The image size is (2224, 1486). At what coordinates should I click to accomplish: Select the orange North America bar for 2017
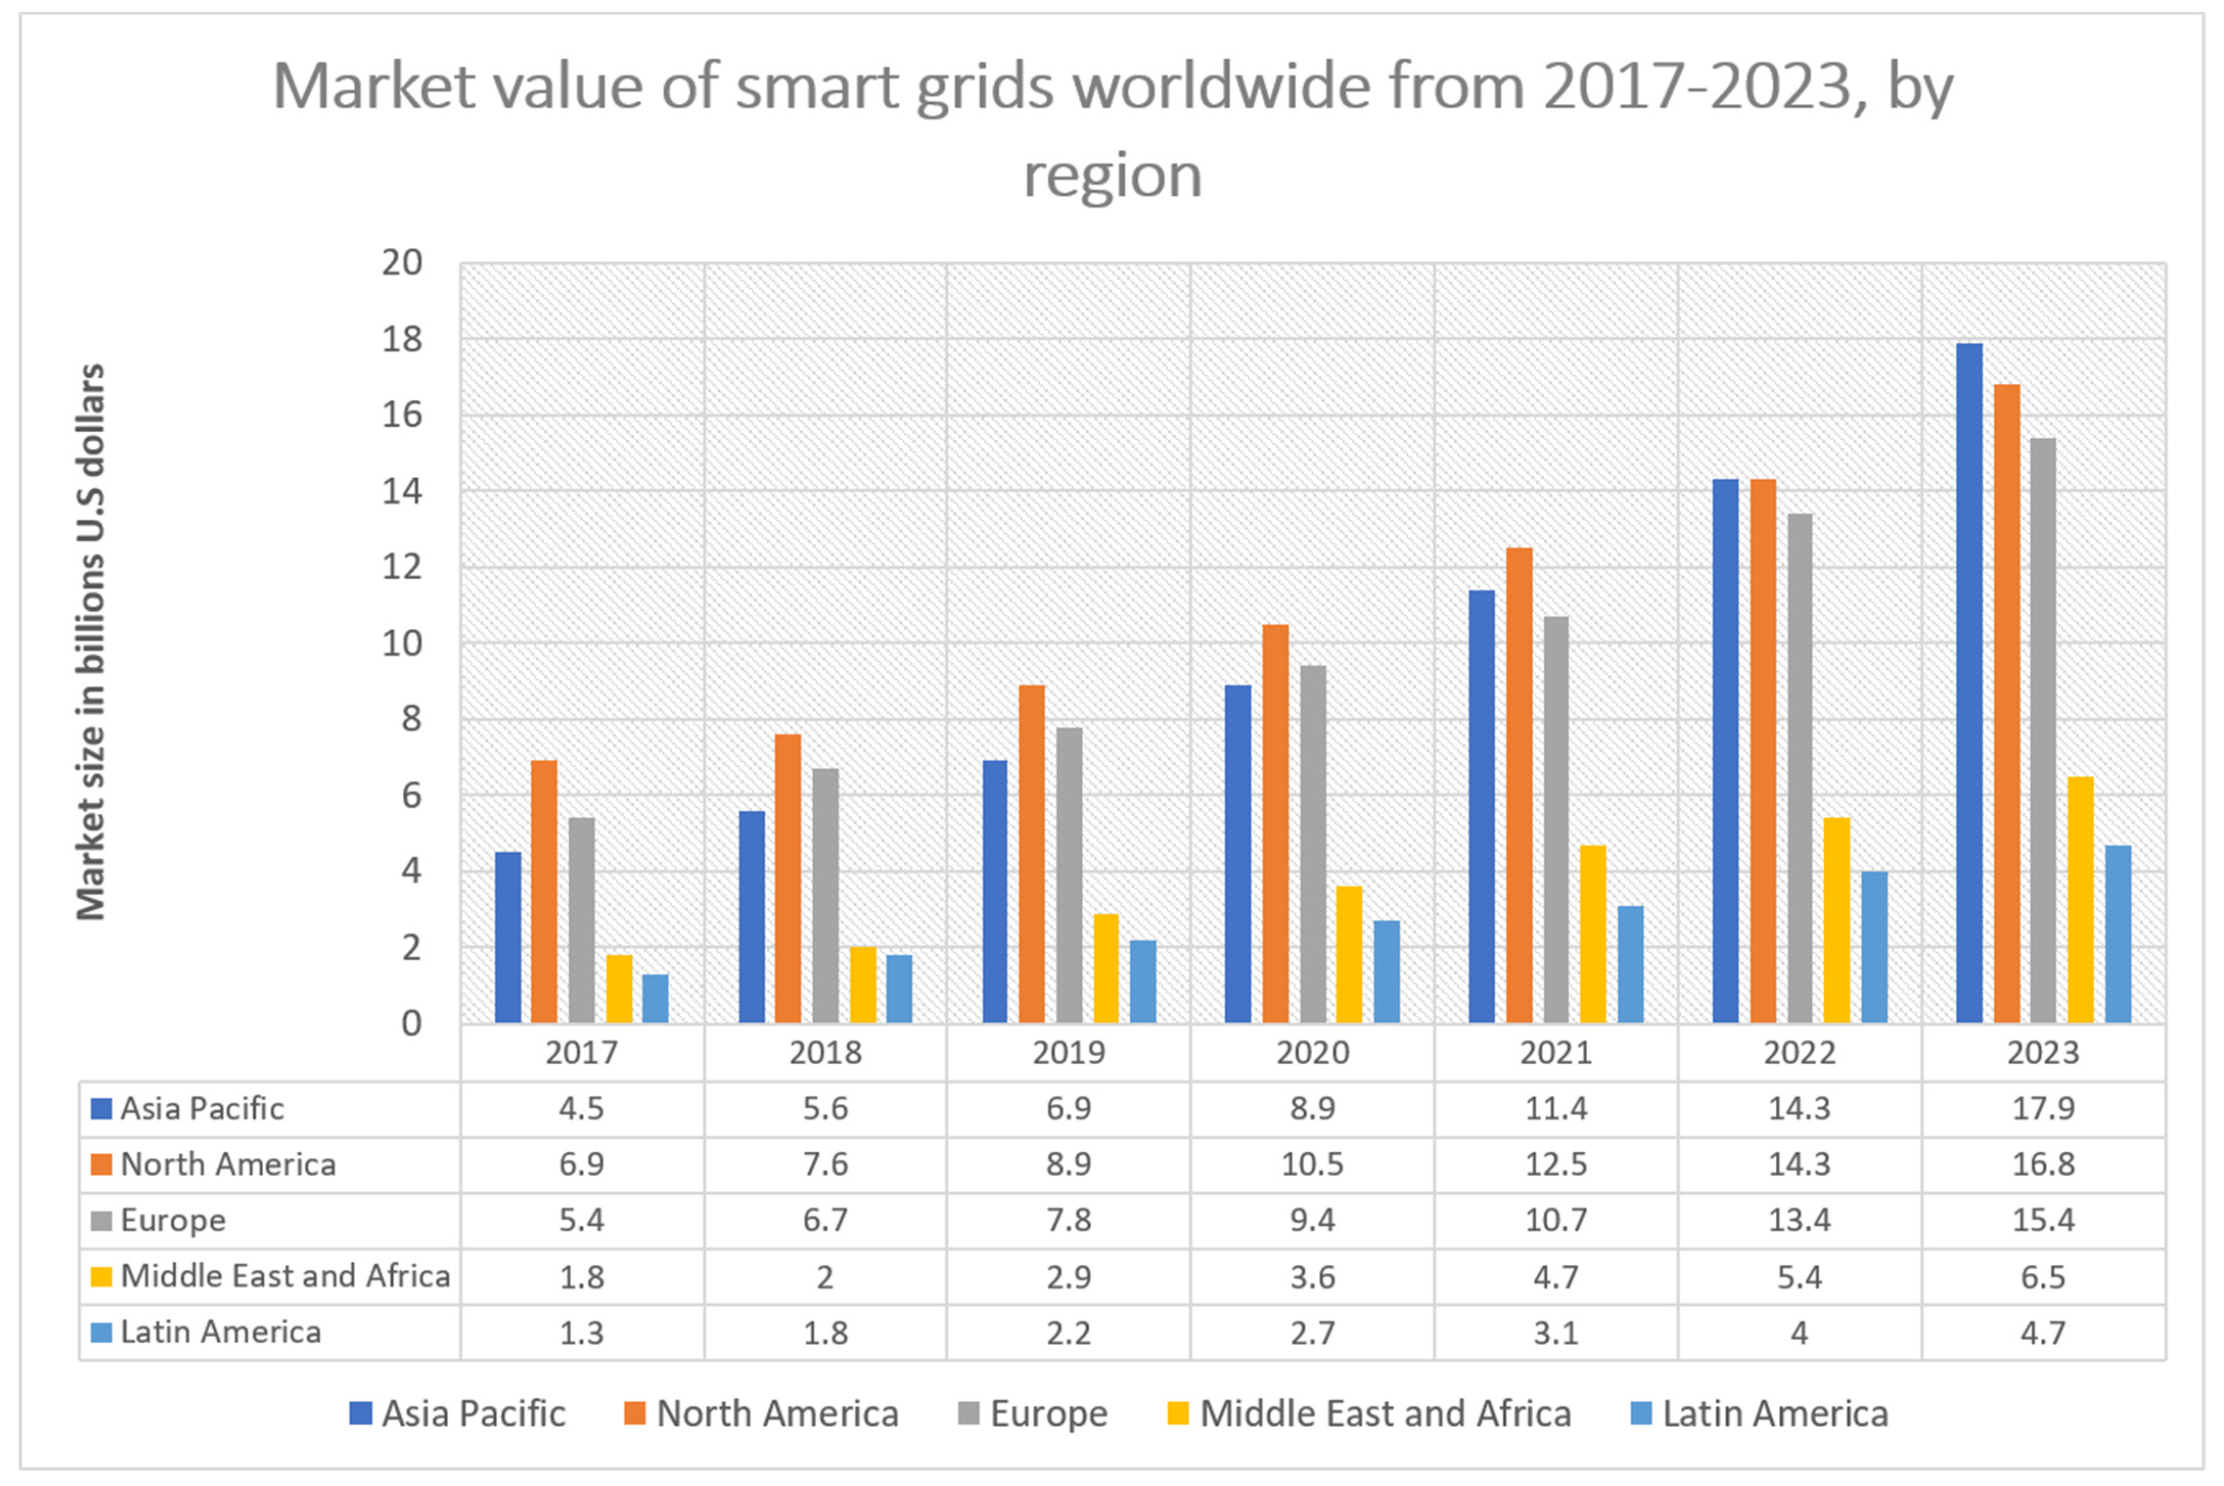point(544,891)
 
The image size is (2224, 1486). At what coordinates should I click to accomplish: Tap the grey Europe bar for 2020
point(1313,843)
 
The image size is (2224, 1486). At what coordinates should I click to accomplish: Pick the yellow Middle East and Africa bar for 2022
point(1837,919)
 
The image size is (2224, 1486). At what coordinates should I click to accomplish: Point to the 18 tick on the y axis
point(402,339)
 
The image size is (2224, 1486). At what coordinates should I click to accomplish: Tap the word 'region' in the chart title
point(1112,175)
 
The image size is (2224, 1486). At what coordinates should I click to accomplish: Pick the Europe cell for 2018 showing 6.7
point(826,1220)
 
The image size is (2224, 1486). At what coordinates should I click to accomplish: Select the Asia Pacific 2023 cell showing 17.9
point(2043,1108)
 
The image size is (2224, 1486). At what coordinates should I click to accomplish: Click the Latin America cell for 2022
point(1799,1333)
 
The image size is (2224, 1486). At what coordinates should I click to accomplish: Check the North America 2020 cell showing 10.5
point(1313,1164)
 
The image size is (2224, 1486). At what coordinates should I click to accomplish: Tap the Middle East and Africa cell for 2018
point(826,1276)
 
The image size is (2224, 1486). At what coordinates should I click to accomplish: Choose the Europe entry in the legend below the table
point(1047,1414)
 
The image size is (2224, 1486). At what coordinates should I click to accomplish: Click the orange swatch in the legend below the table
point(635,1414)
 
